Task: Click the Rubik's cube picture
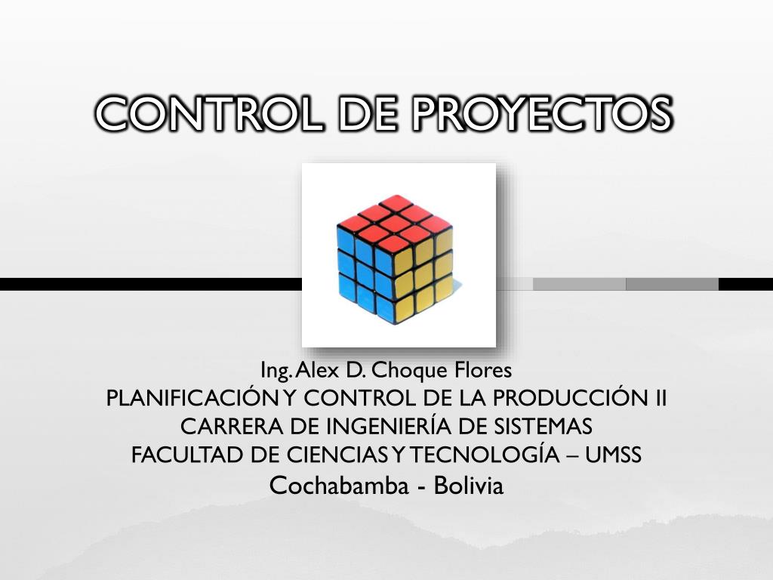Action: pyautogui.click(x=399, y=255)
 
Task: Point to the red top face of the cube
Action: pyautogui.click(x=394, y=220)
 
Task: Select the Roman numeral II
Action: pyautogui.click(x=658, y=399)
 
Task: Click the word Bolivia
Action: pyautogui.click(x=469, y=485)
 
